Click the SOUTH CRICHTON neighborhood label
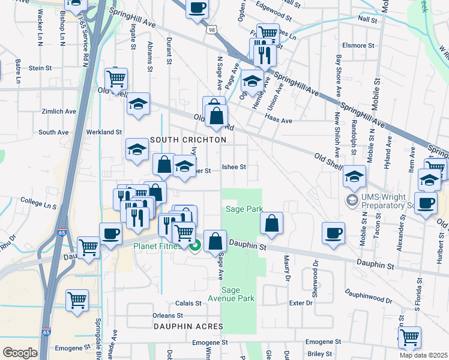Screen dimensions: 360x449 pyautogui.click(x=188, y=140)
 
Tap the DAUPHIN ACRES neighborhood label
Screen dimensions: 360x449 pyautogui.click(x=188, y=326)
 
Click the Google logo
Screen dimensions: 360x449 pyautogui.click(x=20, y=353)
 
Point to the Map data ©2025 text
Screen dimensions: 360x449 pyautogui.click(x=424, y=355)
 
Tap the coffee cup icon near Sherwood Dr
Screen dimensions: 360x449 pyautogui.click(x=333, y=232)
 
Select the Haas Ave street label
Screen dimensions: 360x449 pyautogui.click(x=279, y=121)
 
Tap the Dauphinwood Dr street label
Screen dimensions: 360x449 pyautogui.click(x=369, y=296)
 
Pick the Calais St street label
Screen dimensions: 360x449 pyautogui.click(x=188, y=304)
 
